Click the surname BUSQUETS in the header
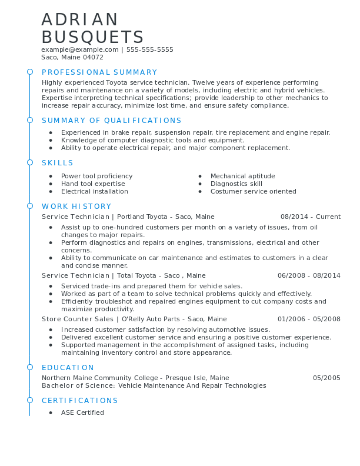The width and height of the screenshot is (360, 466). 92,37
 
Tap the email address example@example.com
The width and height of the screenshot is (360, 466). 80,50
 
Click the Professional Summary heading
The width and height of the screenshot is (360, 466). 99,72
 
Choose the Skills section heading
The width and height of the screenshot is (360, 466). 58,163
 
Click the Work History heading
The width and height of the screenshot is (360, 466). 76,207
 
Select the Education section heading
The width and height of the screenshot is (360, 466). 68,368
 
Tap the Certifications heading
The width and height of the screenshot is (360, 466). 80,401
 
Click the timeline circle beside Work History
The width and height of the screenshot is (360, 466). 30,206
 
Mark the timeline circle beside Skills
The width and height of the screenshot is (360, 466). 30,162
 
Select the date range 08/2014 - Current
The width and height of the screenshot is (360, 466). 311,217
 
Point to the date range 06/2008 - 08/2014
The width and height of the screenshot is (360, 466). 309,275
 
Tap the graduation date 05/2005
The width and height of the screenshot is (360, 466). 326,378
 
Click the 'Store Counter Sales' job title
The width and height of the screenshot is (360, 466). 78,319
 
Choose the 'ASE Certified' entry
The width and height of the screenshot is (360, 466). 82,412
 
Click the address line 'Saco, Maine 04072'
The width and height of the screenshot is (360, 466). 72,58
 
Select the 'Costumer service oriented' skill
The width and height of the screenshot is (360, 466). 253,192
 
